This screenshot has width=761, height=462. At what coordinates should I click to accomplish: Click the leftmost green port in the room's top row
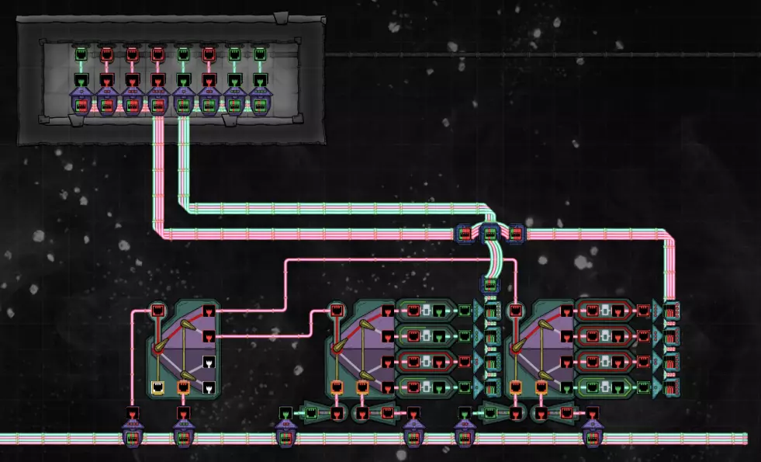coord(81,55)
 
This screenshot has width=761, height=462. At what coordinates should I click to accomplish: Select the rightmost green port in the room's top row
coord(260,55)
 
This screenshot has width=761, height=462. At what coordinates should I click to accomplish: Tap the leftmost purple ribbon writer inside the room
coord(81,101)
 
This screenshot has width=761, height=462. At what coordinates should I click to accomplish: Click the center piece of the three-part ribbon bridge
coord(490,231)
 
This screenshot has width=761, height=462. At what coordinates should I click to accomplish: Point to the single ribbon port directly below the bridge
coord(490,283)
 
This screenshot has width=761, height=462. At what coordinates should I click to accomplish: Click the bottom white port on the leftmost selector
coord(208,387)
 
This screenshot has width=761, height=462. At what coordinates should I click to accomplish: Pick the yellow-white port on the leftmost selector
coord(157,387)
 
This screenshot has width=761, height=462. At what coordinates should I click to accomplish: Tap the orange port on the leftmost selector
coord(183,387)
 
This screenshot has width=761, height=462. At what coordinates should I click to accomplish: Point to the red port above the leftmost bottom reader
coord(132,412)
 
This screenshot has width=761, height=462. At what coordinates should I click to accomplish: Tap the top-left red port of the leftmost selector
coord(157,311)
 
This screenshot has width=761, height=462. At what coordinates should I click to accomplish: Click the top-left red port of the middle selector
coord(337,311)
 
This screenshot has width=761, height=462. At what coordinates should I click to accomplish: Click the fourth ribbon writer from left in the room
coord(157,101)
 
